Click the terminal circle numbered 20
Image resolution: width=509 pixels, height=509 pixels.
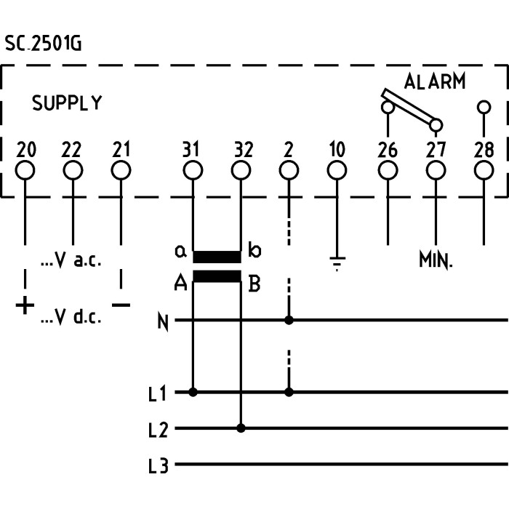tap(25, 170)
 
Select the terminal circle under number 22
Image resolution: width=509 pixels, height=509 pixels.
tap(73, 170)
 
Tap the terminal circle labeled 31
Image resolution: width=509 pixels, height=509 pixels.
tap(193, 170)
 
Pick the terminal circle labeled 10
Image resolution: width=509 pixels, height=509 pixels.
tap(336, 170)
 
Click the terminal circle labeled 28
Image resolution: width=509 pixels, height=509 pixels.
tap(484, 170)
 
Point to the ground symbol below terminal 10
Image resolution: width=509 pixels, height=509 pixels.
tap(336, 262)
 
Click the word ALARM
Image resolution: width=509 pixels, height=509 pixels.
tap(434, 81)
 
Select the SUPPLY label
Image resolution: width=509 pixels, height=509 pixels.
tap(67, 103)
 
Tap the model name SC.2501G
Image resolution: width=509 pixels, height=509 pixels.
tap(44, 44)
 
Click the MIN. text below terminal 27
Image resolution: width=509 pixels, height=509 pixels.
tap(436, 260)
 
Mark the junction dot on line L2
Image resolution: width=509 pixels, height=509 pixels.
tap(241, 428)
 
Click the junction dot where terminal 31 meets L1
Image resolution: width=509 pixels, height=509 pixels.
tap(193, 392)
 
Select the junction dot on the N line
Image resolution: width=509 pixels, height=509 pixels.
tap(289, 319)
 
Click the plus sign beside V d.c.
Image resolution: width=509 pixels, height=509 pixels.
tap(25, 305)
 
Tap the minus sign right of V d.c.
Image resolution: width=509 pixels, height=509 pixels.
tap(121, 305)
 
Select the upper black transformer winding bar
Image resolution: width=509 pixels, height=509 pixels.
tap(217, 257)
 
